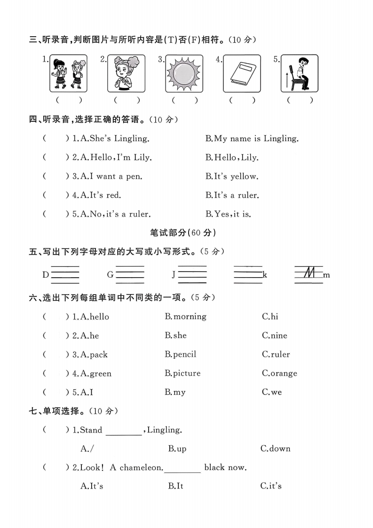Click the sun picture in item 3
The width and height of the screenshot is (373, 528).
point(184,73)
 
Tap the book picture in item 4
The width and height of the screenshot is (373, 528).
point(242,74)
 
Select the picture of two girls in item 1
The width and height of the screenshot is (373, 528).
point(68,73)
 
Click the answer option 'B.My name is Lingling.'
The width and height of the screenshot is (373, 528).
point(252,138)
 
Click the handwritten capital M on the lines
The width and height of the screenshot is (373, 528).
point(309,273)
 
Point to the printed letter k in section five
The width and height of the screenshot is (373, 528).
point(265,275)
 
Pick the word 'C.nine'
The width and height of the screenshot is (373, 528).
point(274,336)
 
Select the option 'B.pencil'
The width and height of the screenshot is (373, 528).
point(180,354)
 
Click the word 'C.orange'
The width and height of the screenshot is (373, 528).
point(279,373)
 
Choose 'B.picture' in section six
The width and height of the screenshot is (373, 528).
point(183,373)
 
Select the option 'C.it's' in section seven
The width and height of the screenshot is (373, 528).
point(271,486)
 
